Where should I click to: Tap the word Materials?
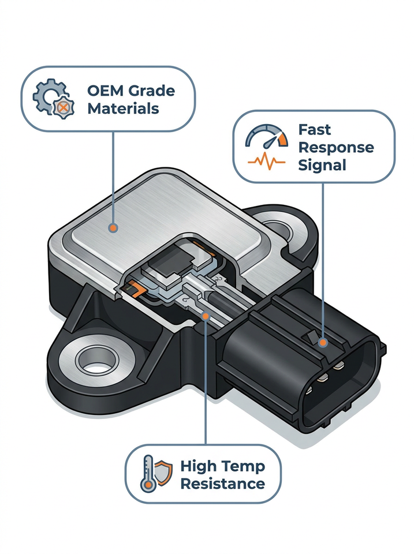point(123,108)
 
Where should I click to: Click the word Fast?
point(314,130)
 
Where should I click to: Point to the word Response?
point(336,148)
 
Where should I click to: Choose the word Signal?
point(322,166)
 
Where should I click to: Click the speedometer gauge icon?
point(267,137)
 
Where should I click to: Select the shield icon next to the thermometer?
point(163,471)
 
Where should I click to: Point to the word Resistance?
point(222,484)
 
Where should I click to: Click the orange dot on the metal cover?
point(113,228)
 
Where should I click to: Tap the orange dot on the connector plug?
point(322,342)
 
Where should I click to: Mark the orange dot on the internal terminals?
point(205,316)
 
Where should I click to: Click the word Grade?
point(152,91)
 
